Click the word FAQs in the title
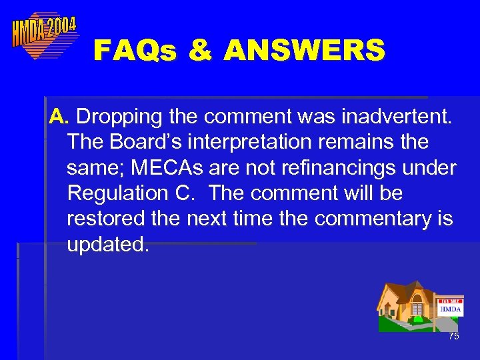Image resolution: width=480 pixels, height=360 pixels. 135,51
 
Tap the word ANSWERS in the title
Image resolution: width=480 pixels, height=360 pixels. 305,51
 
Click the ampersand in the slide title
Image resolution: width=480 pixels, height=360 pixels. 200,51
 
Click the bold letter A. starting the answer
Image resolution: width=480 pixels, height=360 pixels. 59,117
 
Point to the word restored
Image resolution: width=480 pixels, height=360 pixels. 107,219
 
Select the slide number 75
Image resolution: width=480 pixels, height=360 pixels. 454,337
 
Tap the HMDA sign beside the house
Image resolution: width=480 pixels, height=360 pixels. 450,307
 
